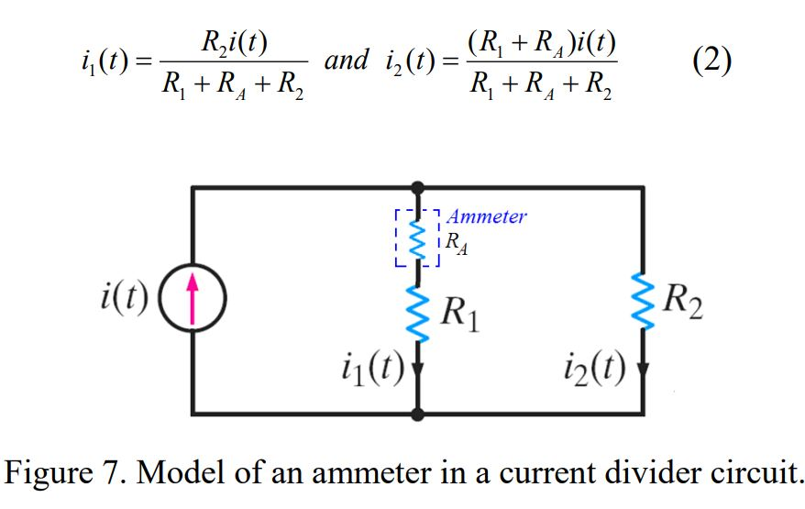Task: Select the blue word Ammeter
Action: (x=487, y=216)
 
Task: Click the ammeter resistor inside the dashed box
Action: (x=418, y=240)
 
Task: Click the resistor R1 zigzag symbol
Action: (x=418, y=314)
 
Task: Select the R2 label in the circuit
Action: (x=683, y=300)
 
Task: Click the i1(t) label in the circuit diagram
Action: (x=370, y=369)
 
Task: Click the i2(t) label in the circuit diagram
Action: (x=595, y=369)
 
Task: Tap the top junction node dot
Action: (x=418, y=187)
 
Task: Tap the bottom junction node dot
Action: (x=418, y=415)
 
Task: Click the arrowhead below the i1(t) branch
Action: (x=418, y=371)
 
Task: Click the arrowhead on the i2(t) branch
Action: (x=641, y=371)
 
